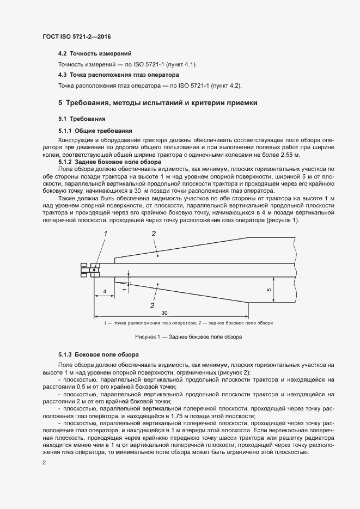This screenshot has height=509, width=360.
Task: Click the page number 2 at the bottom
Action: coord(44,462)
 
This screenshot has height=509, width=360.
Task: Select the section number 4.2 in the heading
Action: coord(63,54)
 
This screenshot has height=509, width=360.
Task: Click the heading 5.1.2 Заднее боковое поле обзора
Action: coord(109,162)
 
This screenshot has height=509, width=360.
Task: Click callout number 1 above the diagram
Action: coord(106,233)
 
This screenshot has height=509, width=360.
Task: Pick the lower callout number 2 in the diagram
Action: coord(153,306)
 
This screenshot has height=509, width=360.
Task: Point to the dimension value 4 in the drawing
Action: coord(103,292)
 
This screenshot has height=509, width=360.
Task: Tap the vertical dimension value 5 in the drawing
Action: coord(269,290)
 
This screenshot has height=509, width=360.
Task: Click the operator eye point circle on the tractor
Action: coord(94,269)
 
